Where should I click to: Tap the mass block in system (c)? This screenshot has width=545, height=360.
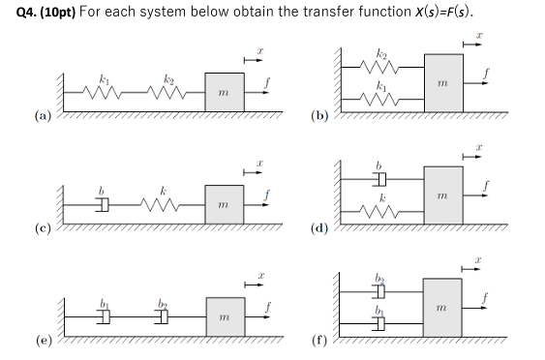pyautogui.click(x=224, y=203)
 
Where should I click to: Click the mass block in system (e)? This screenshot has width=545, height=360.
pyautogui.click(x=224, y=315)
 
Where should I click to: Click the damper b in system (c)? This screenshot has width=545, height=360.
pyautogui.click(x=101, y=204)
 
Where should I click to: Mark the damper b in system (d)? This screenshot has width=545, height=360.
pyautogui.click(x=379, y=178)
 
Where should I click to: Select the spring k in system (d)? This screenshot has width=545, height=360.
pyautogui.click(x=379, y=209)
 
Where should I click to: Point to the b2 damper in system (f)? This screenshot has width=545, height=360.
pyautogui.click(x=379, y=290)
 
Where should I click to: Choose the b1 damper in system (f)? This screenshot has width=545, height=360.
pyautogui.click(x=379, y=321)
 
